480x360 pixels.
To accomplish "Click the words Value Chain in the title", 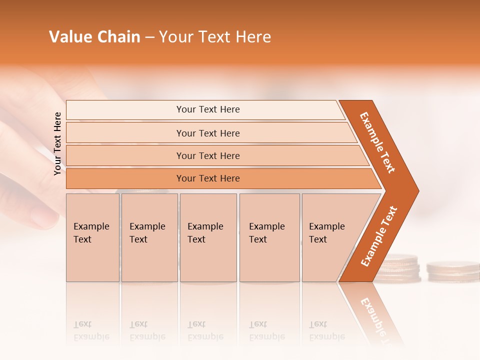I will pos(94,37).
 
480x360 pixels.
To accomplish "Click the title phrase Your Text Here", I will pos(215,37).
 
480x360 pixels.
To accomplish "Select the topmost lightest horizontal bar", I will pos(208,109).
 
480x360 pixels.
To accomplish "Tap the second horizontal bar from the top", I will pos(208,133).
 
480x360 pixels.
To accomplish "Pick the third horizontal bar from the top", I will pos(208,155).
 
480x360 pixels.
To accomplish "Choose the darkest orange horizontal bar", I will pos(208,178).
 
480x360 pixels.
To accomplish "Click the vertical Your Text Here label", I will pos(57,143).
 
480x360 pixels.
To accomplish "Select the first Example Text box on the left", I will pos(92,237).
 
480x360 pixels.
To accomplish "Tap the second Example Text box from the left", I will pos(149,237).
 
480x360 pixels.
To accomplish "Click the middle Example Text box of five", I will pos(208,237).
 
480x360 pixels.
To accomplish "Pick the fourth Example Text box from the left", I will pos(269,237).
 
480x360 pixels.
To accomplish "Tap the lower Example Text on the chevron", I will pos(379,236).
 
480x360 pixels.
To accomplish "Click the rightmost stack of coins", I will pos(452,270).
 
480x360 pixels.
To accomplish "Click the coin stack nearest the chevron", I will pos(397,268).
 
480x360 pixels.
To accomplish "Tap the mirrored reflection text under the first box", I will pos(91,330).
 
